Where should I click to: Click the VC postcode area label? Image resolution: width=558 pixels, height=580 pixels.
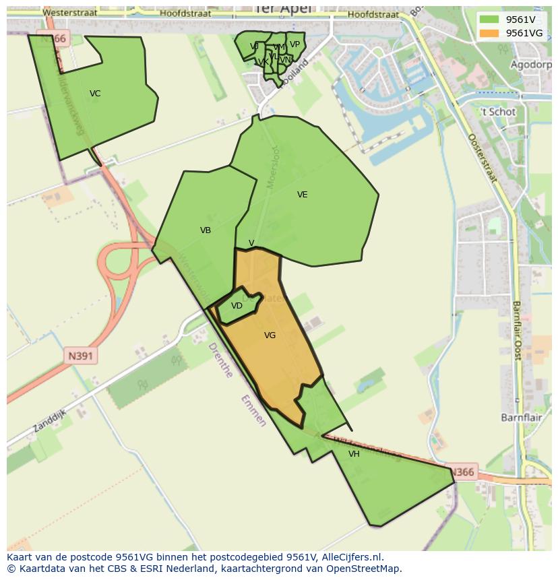pos(95,94)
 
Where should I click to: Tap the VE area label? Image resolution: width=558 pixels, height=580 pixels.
pos(302,195)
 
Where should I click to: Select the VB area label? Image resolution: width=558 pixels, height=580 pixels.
pos(206,230)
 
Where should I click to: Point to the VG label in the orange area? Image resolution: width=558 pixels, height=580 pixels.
pos(270,335)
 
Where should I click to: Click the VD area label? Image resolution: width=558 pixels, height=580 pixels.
pos(237,306)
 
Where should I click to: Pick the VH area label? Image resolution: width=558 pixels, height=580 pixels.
pos(354,454)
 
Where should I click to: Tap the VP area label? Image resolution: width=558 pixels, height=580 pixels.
pos(294,45)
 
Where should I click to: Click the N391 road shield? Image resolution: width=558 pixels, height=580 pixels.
pos(81,356)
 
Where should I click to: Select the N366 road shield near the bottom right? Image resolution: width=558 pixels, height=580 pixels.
pos(462,472)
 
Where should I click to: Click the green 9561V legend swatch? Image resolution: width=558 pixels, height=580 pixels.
pos(489,20)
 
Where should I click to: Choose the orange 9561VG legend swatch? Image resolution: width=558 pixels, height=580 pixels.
pos(489,33)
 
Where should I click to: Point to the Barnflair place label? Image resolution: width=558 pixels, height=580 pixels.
pos(518,418)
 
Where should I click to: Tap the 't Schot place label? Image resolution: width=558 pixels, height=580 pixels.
pos(498,112)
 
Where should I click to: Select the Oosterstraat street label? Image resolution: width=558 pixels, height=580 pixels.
pos(482,158)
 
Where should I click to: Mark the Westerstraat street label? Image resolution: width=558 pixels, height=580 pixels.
pos(69,13)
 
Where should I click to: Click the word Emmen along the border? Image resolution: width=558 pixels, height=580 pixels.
pos(253,410)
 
